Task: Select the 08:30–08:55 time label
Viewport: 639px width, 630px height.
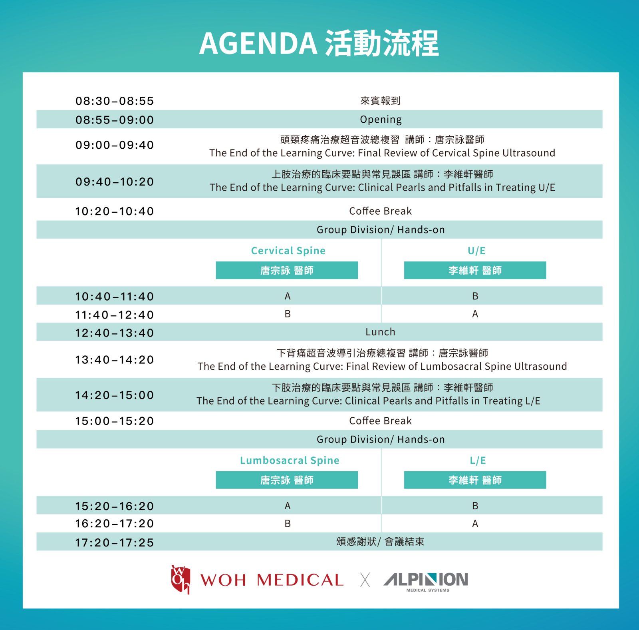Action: tap(115, 101)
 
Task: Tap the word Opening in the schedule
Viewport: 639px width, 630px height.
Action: tap(381, 120)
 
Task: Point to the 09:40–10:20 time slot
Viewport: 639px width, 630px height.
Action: tap(115, 182)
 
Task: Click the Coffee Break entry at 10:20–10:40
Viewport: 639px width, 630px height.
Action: tap(380, 211)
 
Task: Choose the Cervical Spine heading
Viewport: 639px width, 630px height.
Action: tap(288, 251)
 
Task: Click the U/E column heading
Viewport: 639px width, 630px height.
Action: tap(476, 251)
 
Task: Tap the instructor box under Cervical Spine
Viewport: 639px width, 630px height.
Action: tap(287, 270)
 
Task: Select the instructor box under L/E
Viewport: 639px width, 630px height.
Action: tap(475, 480)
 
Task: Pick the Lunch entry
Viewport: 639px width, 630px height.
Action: tap(380, 332)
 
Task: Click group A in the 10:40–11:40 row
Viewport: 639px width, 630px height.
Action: tap(288, 296)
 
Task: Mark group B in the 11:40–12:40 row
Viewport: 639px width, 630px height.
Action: tap(288, 314)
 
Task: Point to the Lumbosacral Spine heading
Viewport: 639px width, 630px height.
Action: tap(290, 460)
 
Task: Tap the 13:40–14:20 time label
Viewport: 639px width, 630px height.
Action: tap(115, 360)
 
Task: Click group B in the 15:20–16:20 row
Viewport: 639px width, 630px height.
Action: tap(475, 506)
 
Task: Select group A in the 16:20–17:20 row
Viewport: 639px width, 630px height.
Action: tap(475, 523)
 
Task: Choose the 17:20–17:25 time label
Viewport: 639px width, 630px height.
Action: tap(115, 542)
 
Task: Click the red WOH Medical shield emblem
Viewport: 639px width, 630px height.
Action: tap(181, 579)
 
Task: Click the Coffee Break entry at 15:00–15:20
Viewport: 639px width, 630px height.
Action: tap(380, 421)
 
